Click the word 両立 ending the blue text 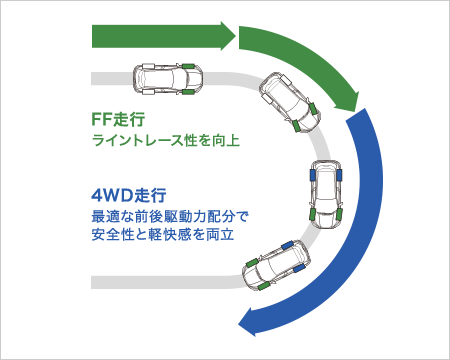[x=233, y=236]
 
